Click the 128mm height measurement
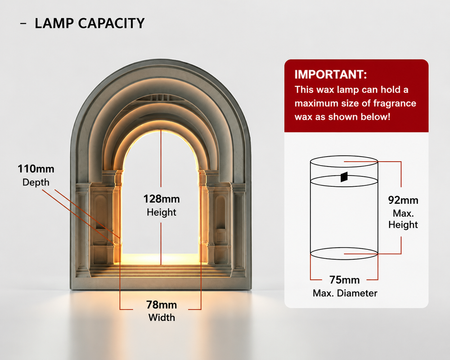162,198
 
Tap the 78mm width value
162,305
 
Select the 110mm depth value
36,168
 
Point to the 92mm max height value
403,200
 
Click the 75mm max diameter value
344,279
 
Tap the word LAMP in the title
54,23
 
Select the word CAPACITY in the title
111,23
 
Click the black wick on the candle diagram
344,177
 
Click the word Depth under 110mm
36,183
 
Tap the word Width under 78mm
162,318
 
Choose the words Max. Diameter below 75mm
345,293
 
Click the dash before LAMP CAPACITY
23,23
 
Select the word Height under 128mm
162,212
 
